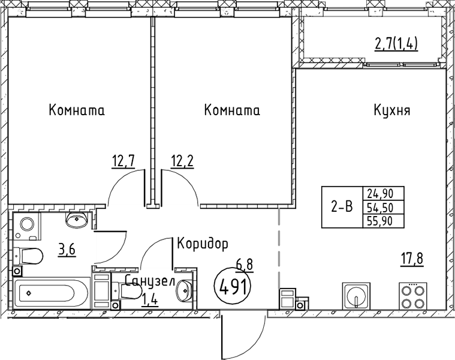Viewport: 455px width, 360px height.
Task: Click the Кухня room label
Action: coord(391,111)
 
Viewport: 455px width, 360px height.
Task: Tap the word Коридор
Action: coord(203,244)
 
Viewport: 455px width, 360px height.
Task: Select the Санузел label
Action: coord(150,281)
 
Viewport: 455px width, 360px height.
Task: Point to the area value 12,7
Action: coord(123,160)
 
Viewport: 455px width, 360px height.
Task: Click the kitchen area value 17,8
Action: coord(412,260)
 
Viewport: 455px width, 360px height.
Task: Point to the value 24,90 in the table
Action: coord(384,194)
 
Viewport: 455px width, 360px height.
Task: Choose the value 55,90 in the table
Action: coord(384,220)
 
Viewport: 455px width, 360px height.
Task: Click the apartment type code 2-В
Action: coord(342,207)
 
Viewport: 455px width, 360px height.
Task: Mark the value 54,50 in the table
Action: coord(384,207)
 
